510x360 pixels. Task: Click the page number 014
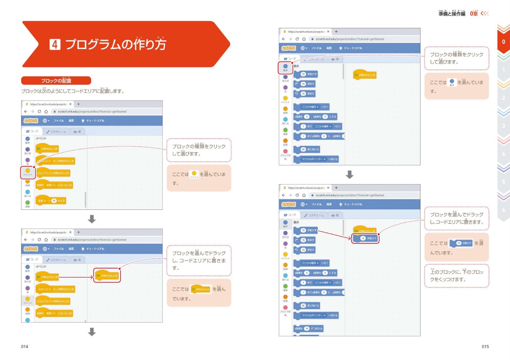tap(25, 346)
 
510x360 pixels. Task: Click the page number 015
tap(485, 346)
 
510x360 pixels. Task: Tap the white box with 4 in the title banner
tap(55, 44)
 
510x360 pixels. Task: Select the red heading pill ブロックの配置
tap(56, 81)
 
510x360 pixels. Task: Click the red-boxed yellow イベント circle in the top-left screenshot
tap(28, 171)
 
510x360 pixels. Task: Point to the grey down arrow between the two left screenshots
tap(92, 219)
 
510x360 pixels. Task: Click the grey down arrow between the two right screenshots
tap(349, 175)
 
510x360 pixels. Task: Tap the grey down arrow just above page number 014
tap(92, 332)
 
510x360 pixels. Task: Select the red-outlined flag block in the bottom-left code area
tap(107, 276)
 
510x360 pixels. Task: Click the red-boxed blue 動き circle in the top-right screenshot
tap(285, 67)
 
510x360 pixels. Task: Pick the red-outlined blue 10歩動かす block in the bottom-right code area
tap(366, 238)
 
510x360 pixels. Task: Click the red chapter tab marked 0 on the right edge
tap(503, 42)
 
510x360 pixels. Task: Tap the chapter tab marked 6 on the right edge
tap(503, 210)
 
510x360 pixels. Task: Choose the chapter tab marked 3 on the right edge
tap(503, 126)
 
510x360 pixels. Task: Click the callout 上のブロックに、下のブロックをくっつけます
tap(457, 276)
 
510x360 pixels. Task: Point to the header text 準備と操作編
tap(452, 14)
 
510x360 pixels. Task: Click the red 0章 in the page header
tap(474, 14)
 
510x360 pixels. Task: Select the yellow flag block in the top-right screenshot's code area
tap(365, 75)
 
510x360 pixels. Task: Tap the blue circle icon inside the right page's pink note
tap(452, 81)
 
